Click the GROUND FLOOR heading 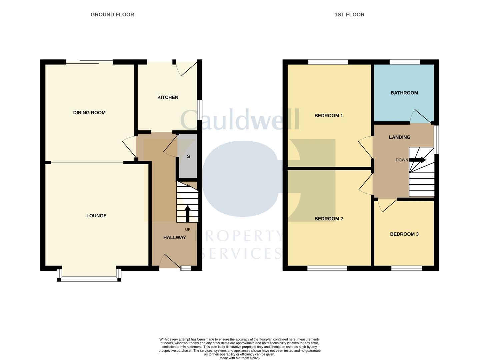pos(112,15)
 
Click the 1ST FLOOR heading pos(349,15)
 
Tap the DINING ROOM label pos(89,113)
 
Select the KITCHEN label pos(168,97)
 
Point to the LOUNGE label pos(96,216)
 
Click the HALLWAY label pos(174,237)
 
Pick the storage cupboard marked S pos(188,156)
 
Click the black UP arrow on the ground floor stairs pos(187,213)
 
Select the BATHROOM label pos(404,93)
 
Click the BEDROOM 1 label pos(329,116)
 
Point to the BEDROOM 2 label pos(329,219)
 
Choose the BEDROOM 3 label pos(404,234)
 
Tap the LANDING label pos(399,137)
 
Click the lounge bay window pos(89,279)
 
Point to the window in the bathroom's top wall pos(405,62)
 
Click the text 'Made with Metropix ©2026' pos(239,358)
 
